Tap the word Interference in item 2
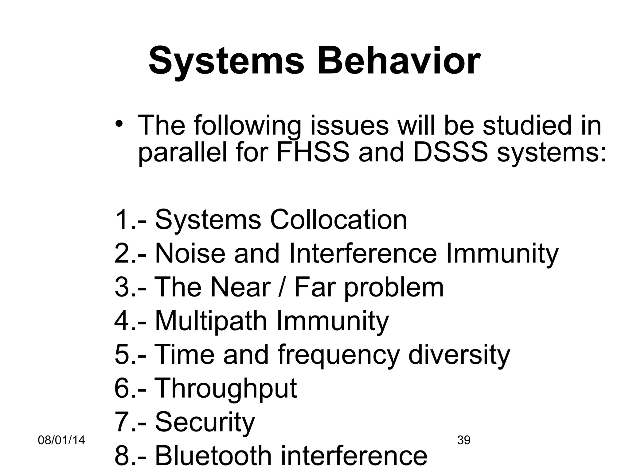[363, 254]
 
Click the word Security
[205, 422]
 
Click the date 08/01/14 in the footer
[61, 440]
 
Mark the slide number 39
[464, 440]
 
